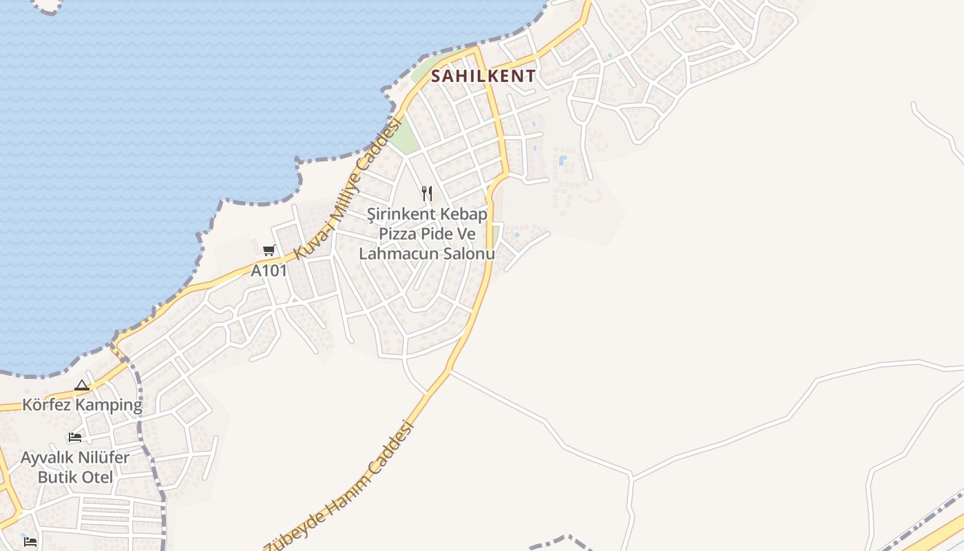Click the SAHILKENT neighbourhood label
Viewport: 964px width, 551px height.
483,76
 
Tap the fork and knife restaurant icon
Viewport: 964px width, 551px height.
427,194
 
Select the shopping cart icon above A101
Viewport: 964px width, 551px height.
269,250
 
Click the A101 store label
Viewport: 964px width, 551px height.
269,271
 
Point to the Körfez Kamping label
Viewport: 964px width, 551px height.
82,405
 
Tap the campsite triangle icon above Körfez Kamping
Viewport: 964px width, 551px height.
82,386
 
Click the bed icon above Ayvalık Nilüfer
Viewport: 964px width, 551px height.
75,437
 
